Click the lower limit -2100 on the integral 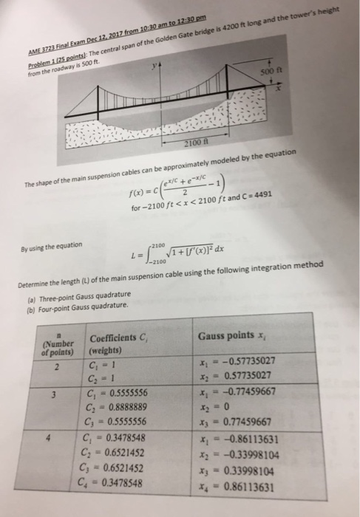(x=160, y=262)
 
